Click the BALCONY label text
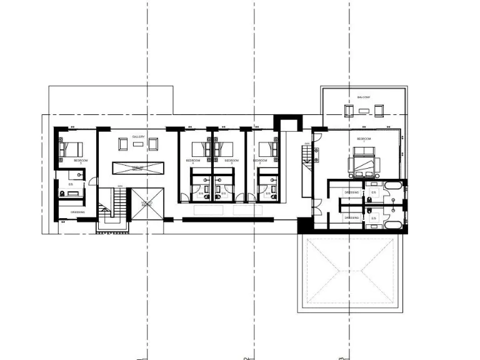[x=364, y=97]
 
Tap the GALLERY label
[x=138, y=137]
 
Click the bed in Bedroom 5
[x=71, y=150]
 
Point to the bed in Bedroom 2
[x=267, y=149]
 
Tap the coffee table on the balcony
[x=364, y=111]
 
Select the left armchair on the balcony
[x=348, y=111]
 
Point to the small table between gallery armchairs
[x=138, y=145]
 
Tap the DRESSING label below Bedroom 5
[x=77, y=212]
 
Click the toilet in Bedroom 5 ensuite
[x=63, y=194]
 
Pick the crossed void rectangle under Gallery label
[x=138, y=167]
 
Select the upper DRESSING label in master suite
[x=351, y=192]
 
